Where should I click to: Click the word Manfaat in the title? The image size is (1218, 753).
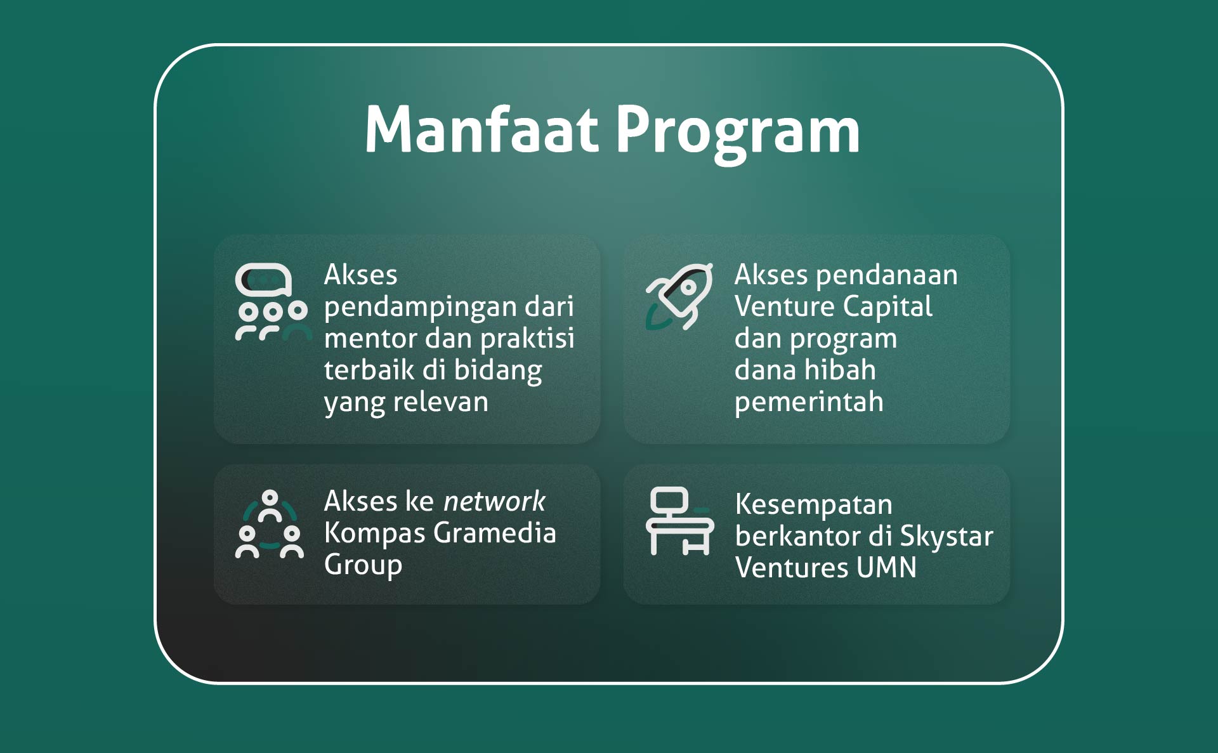click(481, 129)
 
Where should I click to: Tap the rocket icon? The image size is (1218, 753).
click(679, 296)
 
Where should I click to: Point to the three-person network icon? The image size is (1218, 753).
click(270, 524)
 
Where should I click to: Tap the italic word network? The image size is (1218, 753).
click(494, 501)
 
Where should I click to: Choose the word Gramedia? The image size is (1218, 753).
click(495, 533)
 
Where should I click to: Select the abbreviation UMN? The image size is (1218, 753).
click(886, 567)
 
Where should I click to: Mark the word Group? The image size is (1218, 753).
click(363, 565)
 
